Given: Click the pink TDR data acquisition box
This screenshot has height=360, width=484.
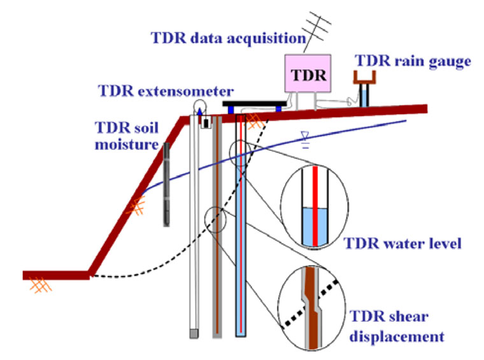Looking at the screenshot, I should point(308,75).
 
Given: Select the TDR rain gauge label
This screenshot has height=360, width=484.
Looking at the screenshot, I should point(412,62).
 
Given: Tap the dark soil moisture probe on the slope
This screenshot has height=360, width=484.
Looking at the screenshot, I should point(166,184).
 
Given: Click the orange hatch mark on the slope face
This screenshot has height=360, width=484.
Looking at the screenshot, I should point(137,206).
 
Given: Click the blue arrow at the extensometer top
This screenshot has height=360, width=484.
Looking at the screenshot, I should point(199,110).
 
